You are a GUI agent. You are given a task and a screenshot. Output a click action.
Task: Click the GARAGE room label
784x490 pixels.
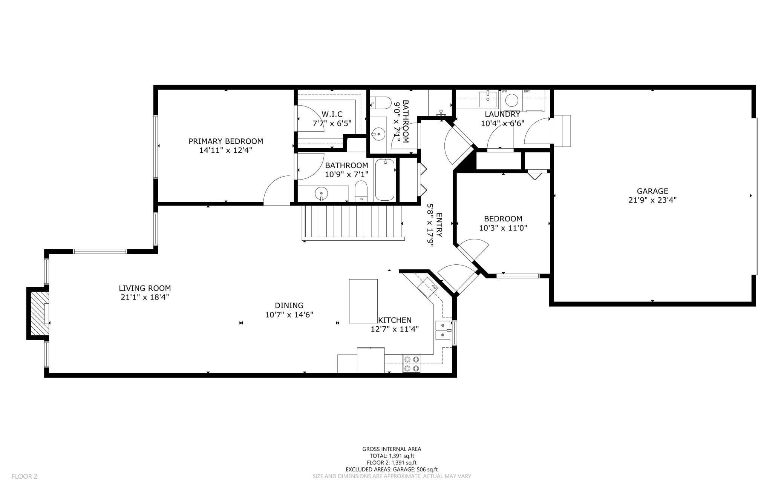[x=652, y=191]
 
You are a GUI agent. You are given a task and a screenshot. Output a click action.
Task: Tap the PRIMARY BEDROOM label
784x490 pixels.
[x=226, y=141]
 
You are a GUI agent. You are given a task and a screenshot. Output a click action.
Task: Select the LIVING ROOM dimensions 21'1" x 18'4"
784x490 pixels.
[x=145, y=297]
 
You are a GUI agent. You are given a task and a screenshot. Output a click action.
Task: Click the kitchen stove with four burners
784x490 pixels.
[x=412, y=364]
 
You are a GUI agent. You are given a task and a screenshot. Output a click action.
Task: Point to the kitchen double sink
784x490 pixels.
[x=443, y=330]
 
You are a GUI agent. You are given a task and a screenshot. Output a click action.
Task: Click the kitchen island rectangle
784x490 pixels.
[x=363, y=301]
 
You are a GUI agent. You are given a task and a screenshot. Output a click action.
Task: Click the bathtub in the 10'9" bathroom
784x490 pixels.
[x=385, y=180]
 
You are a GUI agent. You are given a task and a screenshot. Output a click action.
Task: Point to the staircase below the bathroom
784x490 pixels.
[x=352, y=223]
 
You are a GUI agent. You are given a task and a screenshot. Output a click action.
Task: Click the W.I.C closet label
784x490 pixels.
[x=332, y=114]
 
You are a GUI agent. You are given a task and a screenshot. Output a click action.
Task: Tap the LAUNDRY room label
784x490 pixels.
[x=502, y=114]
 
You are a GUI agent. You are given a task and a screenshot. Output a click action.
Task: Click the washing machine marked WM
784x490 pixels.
[x=511, y=100]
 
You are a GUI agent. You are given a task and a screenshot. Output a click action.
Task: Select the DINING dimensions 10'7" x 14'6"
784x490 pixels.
[x=289, y=315]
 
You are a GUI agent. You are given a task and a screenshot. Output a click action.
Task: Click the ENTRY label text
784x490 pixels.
[x=439, y=225]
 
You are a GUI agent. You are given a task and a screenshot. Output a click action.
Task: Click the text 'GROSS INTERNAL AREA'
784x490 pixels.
[x=392, y=449]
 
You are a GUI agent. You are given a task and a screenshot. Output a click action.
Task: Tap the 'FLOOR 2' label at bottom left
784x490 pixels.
[x=24, y=476]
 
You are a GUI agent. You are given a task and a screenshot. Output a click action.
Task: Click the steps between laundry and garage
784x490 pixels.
[x=562, y=131]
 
